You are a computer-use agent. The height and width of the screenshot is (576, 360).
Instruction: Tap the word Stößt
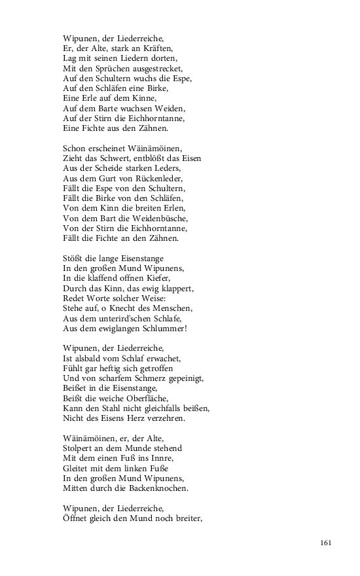point(73,258)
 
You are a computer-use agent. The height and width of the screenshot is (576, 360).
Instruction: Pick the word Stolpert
point(79,448)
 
